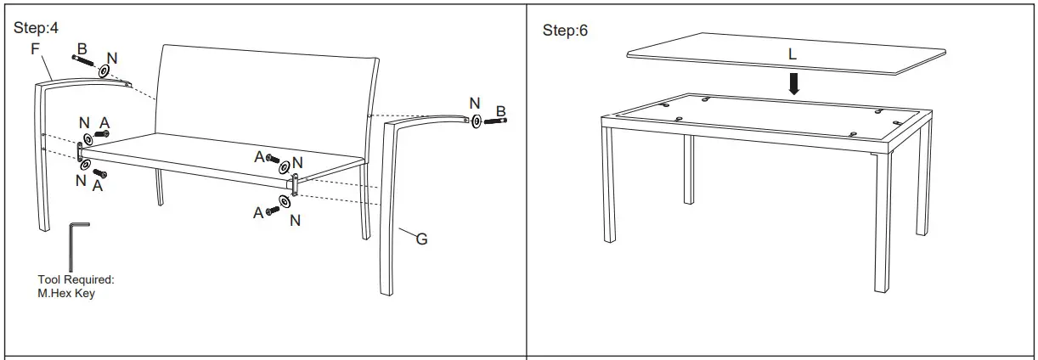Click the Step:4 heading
tap(37, 28)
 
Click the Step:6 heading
tap(565, 31)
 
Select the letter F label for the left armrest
tap(36, 49)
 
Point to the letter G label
tap(421, 239)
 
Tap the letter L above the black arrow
tap(792, 54)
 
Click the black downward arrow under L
tap(793, 83)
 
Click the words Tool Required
tap(76, 279)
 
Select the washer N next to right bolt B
tap(477, 121)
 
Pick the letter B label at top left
tap(82, 49)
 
